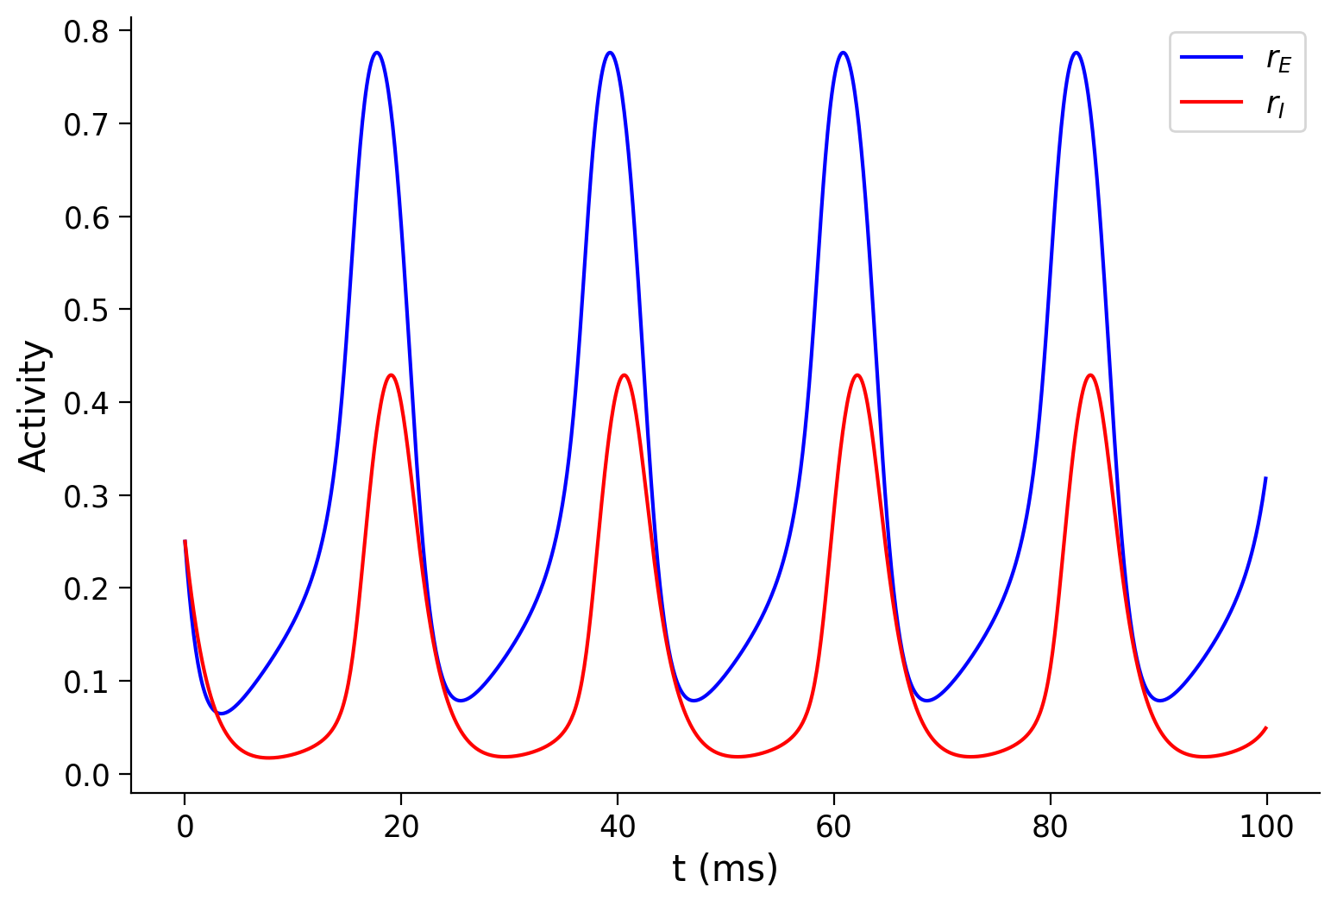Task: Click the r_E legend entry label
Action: pos(1278,59)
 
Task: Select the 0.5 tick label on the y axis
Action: pos(86,310)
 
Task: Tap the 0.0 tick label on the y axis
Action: pos(86,775)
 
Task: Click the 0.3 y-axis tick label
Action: pos(86,496)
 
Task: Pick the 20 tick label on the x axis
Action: pos(401,827)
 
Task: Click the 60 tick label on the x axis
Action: pos(834,827)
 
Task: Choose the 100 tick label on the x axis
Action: pos(1266,827)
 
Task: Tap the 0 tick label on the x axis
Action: pos(185,827)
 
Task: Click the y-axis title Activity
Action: pos(35,406)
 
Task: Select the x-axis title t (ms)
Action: pos(725,869)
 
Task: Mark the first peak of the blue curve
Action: pos(377,53)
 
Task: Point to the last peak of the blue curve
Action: pos(1076,53)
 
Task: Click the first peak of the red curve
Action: pos(392,374)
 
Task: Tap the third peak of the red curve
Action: pos(857,374)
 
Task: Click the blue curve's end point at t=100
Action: pos(1265,477)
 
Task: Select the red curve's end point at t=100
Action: pos(1265,727)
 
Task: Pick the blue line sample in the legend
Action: pos(1211,57)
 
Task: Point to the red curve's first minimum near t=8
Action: pos(268,758)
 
